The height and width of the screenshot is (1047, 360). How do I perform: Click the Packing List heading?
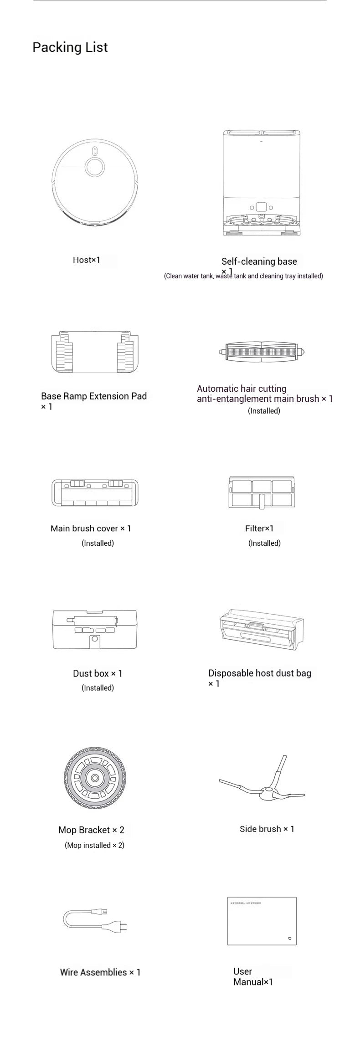tap(70, 47)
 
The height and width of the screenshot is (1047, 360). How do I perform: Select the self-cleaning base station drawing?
tap(262, 182)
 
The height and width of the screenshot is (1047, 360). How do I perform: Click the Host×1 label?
tap(87, 260)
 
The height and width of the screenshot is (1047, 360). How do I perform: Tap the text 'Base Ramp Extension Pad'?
tap(94, 396)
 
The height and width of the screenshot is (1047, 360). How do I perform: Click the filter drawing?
tap(262, 492)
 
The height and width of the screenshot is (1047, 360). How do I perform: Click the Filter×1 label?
tap(259, 529)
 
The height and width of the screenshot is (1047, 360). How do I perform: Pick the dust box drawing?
tap(95, 630)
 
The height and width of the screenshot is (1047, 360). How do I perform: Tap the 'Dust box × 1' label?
tap(98, 673)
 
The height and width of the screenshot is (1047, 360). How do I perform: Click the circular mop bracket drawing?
tap(95, 778)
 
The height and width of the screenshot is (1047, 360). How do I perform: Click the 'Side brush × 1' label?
tap(267, 829)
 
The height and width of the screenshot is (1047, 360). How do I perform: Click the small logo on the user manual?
tap(288, 938)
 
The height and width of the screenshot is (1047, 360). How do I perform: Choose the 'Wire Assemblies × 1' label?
tap(100, 972)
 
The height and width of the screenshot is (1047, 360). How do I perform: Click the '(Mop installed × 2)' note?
tap(94, 845)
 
